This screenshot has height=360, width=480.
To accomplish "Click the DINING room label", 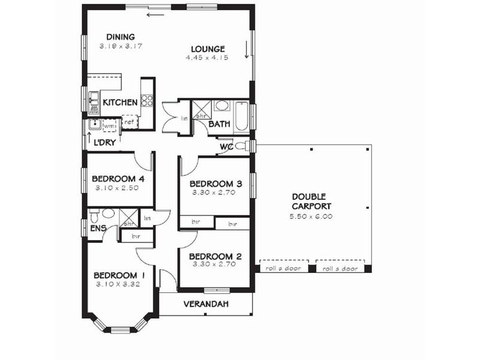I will pyautogui.click(x=121, y=37).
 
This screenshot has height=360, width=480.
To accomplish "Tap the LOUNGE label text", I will pyautogui.click(x=208, y=49).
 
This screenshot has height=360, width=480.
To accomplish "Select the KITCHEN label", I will pyautogui.click(x=120, y=103).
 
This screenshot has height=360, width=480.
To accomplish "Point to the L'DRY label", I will pyautogui.click(x=104, y=142).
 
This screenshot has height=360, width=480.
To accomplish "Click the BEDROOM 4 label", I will pyautogui.click(x=118, y=178).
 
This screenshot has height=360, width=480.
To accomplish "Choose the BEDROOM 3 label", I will pyautogui.click(x=215, y=184).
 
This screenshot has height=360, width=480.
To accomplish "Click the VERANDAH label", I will pyautogui.click(x=206, y=304).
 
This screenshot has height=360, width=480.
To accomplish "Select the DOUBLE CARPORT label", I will pyautogui.click(x=309, y=202).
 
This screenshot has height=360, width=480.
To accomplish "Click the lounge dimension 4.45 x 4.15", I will pyautogui.click(x=208, y=58).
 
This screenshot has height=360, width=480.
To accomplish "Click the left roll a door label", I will pyautogui.click(x=284, y=269).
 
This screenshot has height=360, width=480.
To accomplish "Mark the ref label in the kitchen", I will pyautogui.click(x=128, y=122).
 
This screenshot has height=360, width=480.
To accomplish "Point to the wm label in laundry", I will pyautogui.click(x=109, y=127).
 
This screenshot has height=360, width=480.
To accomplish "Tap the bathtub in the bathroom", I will pyautogui.click(x=241, y=117).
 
